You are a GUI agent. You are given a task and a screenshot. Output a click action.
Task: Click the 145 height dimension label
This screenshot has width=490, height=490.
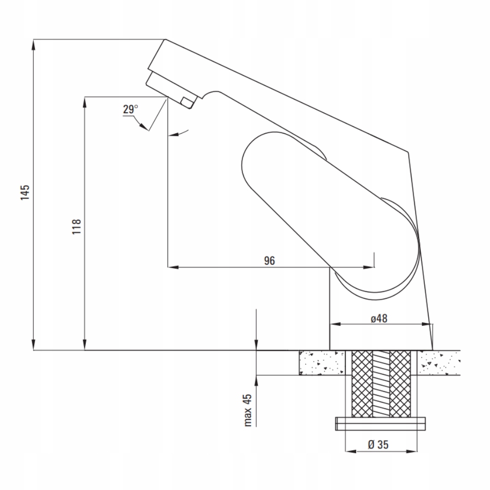pos(26,193)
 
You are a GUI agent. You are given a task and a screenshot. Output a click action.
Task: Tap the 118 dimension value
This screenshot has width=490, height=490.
pos(76,226)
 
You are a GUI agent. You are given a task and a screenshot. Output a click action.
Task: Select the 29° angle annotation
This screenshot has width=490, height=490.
pos(130,110)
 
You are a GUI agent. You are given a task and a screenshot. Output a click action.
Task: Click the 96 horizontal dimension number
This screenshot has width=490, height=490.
pos(269,261)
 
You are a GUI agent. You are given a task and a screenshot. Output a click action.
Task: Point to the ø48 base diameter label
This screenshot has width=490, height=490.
pos(379,318)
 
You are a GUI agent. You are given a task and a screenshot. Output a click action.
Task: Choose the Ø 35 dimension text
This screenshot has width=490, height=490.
pos(377,445)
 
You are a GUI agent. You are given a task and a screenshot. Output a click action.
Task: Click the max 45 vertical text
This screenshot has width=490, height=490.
pos(248,411)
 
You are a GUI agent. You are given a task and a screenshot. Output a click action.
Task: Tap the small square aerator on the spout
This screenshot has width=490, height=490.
pos(187,101)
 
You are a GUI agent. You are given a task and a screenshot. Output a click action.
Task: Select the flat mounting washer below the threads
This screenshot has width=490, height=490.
pos(380,423)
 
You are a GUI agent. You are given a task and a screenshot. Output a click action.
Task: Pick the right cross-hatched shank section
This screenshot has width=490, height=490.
pos(399,383)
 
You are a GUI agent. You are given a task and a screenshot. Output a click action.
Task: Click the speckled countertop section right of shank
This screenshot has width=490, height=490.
pos(439,363)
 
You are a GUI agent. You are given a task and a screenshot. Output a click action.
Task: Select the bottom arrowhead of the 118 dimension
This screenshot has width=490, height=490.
pos(85,346)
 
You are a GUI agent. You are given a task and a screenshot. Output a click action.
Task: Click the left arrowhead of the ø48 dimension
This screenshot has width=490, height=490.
pos(333,324)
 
